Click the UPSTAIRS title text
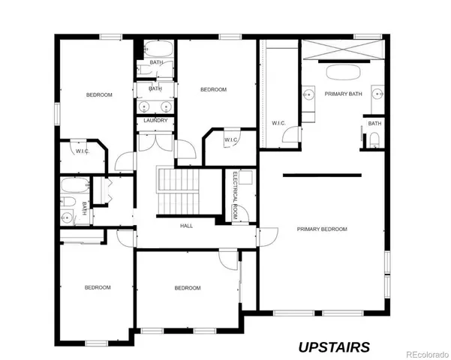tap(334, 346)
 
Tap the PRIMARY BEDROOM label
tap(322, 229)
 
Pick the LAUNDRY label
tap(155, 120)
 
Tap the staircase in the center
tap(179, 190)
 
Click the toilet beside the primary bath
tap(374, 139)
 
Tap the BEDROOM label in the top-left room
tap(99, 94)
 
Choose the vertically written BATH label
tap(85, 209)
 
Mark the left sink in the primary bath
tap(308, 94)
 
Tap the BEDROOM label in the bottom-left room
tap(98, 287)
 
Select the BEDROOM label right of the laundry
tap(213, 90)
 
